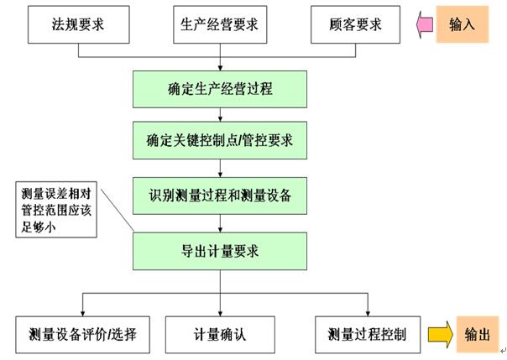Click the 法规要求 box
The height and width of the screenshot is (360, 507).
coord(79,24)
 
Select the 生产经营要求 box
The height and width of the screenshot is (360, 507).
coord(220,24)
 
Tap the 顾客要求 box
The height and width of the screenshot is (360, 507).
coord(355,24)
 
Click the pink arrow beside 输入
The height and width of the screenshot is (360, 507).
coord(425,24)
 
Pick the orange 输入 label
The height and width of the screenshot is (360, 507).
coord(462,24)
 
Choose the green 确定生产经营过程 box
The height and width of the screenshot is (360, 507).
coord(220,90)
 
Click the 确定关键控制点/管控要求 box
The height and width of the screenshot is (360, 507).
coord(220,141)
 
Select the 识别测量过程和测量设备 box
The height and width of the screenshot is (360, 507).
coord(220,196)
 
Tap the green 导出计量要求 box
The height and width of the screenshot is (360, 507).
coord(220,252)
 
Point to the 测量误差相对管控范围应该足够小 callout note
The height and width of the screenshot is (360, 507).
coord(56,210)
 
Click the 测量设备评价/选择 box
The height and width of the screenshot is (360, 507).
coord(83,335)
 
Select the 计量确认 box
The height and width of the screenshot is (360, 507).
coord(220,335)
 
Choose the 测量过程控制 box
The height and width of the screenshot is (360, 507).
coord(368,335)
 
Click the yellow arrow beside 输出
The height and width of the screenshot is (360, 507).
coord(441,335)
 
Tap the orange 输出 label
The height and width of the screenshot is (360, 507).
coord(478,335)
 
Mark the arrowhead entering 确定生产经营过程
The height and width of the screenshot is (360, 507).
coord(220,68)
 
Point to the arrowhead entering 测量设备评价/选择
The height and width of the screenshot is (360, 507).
coord(82,314)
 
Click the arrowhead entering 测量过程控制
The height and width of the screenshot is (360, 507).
coord(368,314)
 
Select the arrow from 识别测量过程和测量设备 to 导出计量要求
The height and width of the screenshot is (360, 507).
coord(220,223)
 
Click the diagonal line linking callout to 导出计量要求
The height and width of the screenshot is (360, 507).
coord(118,211)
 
